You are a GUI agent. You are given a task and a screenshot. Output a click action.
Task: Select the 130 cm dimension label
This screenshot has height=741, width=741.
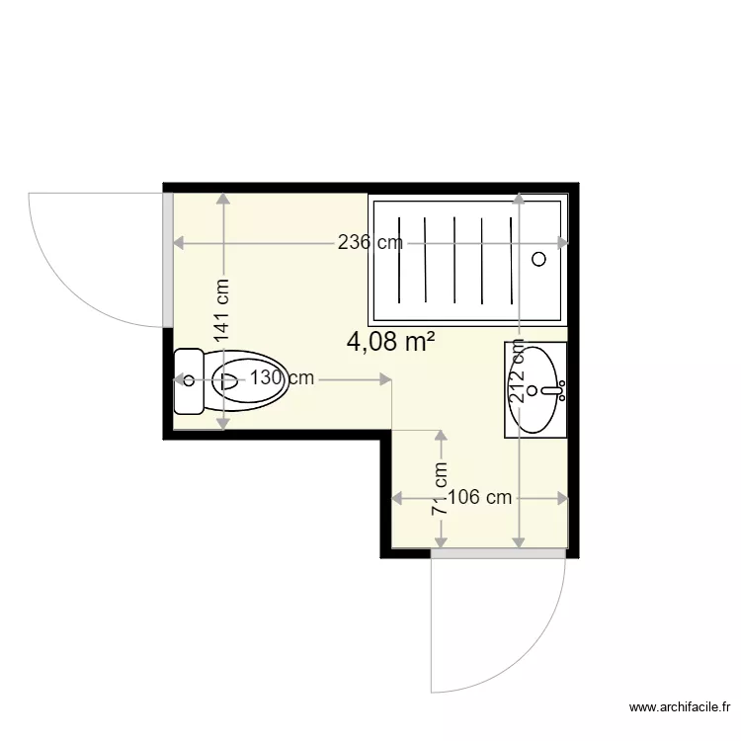282,377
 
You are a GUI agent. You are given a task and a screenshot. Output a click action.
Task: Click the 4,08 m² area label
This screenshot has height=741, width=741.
391,342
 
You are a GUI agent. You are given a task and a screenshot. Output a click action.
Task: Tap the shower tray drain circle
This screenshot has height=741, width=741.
538,259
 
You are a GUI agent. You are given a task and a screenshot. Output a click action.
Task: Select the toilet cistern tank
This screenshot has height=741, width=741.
187,380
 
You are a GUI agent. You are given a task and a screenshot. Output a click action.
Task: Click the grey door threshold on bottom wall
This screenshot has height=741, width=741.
499,554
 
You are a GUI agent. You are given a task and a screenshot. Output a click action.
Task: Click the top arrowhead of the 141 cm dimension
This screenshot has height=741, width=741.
223,199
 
